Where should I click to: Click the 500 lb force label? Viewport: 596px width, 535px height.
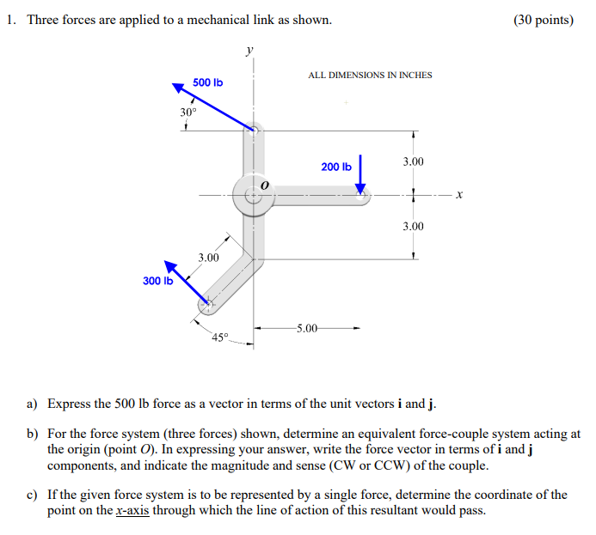click(207, 82)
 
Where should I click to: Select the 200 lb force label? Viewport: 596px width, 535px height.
click(336, 167)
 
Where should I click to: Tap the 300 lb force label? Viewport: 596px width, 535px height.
click(157, 281)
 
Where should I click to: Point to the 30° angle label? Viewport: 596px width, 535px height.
click(188, 112)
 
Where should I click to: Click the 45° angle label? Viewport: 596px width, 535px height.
click(221, 337)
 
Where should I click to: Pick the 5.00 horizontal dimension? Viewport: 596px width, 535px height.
click(307, 327)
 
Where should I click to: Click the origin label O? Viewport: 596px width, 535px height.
click(265, 185)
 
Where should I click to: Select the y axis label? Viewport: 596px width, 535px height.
click(250, 52)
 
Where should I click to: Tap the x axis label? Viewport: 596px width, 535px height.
click(460, 196)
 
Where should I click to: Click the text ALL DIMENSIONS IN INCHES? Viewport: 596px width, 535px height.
click(370, 76)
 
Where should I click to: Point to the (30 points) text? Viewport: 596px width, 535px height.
click(543, 20)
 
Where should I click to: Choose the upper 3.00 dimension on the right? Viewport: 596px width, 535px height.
click(413, 161)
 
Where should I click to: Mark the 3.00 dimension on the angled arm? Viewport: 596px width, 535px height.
click(208, 258)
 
